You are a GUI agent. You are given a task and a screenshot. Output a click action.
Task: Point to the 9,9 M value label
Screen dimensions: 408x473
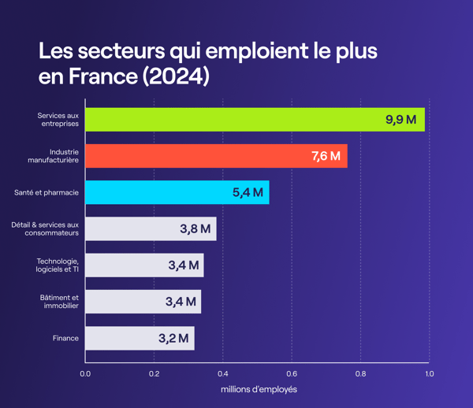(400, 120)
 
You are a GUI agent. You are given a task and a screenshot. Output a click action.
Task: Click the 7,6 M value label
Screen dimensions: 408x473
(326, 156)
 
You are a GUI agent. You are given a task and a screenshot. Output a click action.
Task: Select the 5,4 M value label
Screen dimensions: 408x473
(248, 192)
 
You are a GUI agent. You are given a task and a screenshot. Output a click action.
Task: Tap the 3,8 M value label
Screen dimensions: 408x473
(195, 229)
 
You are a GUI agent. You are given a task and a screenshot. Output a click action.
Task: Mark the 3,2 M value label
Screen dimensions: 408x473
(173, 339)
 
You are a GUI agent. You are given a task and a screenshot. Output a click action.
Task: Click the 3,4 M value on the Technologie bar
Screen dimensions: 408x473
(183, 265)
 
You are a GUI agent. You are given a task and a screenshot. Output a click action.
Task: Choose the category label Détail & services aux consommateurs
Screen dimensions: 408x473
(45, 229)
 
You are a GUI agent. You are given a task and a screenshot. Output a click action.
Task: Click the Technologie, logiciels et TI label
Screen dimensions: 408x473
(58, 265)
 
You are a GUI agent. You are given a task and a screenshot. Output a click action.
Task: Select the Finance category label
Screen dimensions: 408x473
(65, 339)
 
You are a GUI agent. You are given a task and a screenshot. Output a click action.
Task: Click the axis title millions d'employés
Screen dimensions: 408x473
(259, 390)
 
